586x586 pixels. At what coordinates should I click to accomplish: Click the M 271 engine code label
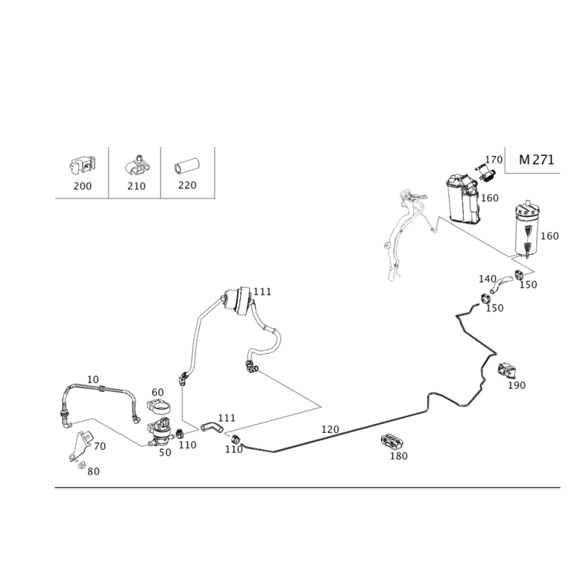(536, 160)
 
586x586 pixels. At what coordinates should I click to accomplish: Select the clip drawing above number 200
(82, 166)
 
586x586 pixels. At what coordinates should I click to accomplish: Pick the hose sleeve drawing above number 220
(187, 166)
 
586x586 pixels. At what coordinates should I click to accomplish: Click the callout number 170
(494, 160)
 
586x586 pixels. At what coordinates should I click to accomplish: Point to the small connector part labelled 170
(486, 174)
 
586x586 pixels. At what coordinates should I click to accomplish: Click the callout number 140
(487, 279)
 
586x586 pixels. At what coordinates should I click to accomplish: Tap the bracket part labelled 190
(506, 370)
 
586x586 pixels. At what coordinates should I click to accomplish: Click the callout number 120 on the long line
(330, 429)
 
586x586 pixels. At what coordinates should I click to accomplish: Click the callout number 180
(398, 456)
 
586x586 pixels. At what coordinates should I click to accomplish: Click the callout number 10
(93, 379)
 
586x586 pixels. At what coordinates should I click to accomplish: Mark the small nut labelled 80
(81, 465)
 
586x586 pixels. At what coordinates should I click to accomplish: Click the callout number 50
(166, 453)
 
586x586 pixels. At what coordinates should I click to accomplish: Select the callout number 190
(516, 385)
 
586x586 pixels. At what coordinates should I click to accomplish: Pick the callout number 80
(94, 472)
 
